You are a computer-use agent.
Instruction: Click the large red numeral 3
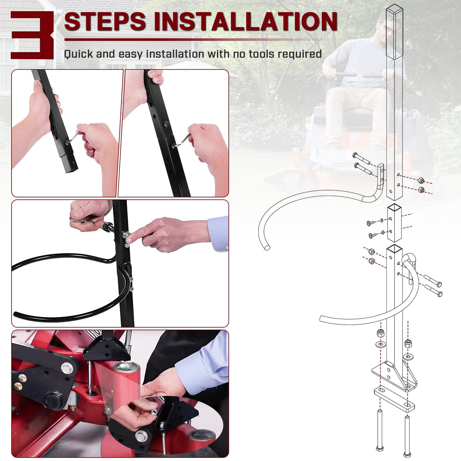click(32, 35)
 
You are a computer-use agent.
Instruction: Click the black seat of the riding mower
click(345, 115)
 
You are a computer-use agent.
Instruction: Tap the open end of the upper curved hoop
click(267, 247)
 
